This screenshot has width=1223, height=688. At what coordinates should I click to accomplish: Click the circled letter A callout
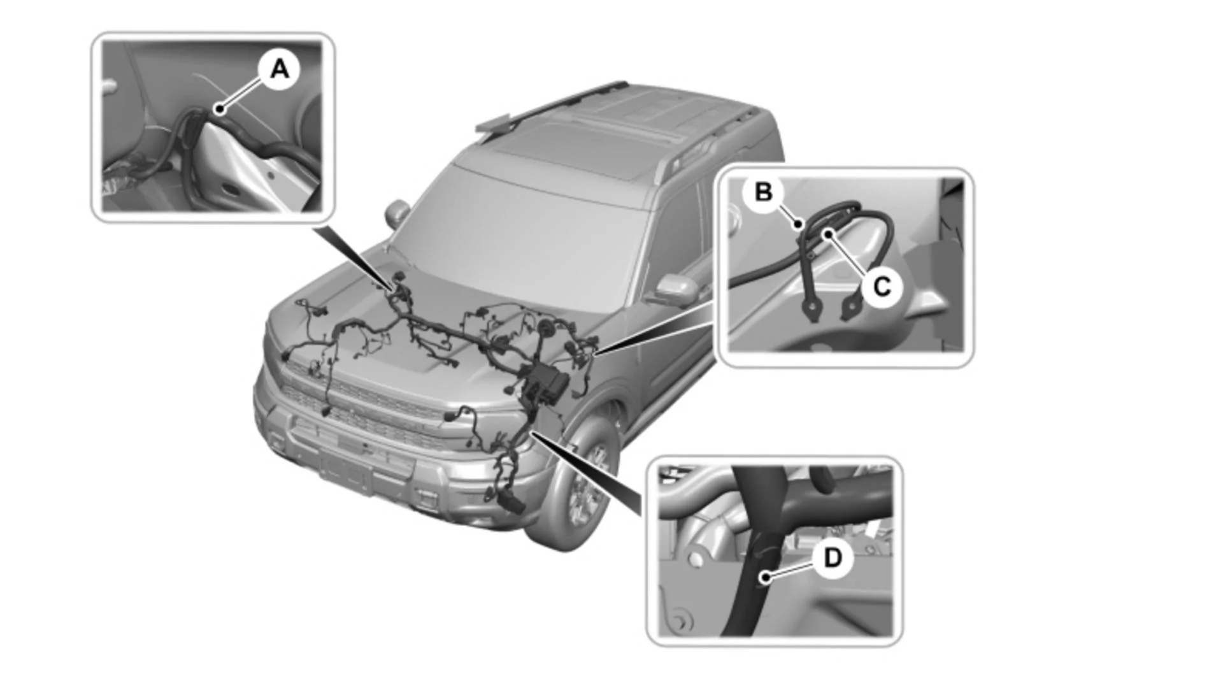click(x=279, y=69)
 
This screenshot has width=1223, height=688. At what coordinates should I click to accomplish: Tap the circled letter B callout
click(x=763, y=192)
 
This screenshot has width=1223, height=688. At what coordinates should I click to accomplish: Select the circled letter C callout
click(x=882, y=287)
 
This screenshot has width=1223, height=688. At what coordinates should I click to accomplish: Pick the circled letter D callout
click(x=833, y=558)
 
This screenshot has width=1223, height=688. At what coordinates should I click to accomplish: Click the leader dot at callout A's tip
click(x=220, y=109)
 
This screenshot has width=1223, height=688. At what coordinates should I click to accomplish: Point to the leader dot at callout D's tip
click(x=765, y=578)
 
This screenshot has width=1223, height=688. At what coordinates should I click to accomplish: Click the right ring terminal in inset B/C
click(x=850, y=310)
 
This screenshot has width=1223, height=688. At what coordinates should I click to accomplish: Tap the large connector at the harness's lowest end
click(x=513, y=503)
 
